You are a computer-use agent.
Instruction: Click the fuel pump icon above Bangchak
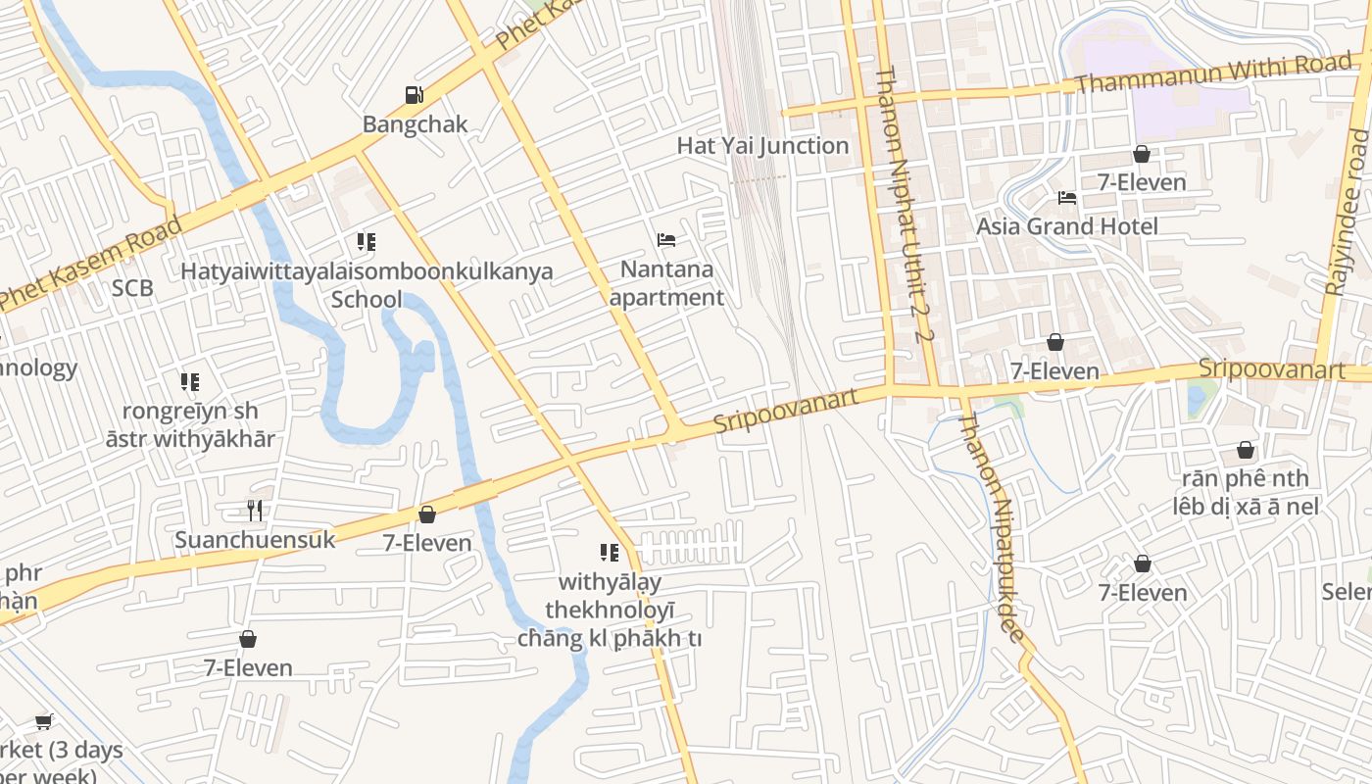click(x=415, y=95)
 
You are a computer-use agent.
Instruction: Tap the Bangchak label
click(x=416, y=124)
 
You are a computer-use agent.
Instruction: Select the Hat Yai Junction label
click(x=762, y=146)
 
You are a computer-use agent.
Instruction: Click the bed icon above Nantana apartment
click(x=666, y=239)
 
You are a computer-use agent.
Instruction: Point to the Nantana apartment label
click(x=666, y=283)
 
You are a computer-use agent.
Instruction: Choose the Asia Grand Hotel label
click(x=1066, y=226)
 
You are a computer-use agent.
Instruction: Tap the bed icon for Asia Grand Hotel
click(x=1067, y=198)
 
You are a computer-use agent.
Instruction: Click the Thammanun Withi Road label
click(x=1213, y=73)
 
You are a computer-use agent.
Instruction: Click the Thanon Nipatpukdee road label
click(x=996, y=529)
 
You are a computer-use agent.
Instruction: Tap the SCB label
click(x=132, y=288)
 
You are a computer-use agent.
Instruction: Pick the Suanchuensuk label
click(x=255, y=540)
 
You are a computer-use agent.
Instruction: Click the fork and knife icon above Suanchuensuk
click(x=255, y=510)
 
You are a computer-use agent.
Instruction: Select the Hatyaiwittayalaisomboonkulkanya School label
click(x=367, y=284)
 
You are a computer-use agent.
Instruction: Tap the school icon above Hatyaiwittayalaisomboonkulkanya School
click(x=367, y=242)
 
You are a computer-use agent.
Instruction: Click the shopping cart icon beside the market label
click(x=43, y=722)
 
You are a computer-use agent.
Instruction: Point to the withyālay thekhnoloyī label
click(x=610, y=610)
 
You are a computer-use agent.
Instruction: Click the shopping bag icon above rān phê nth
click(x=1245, y=450)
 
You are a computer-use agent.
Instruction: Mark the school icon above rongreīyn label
click(x=190, y=382)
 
